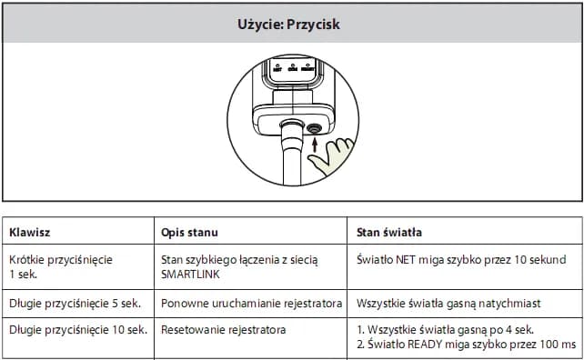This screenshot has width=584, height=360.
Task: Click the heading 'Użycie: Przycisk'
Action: (287, 24)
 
